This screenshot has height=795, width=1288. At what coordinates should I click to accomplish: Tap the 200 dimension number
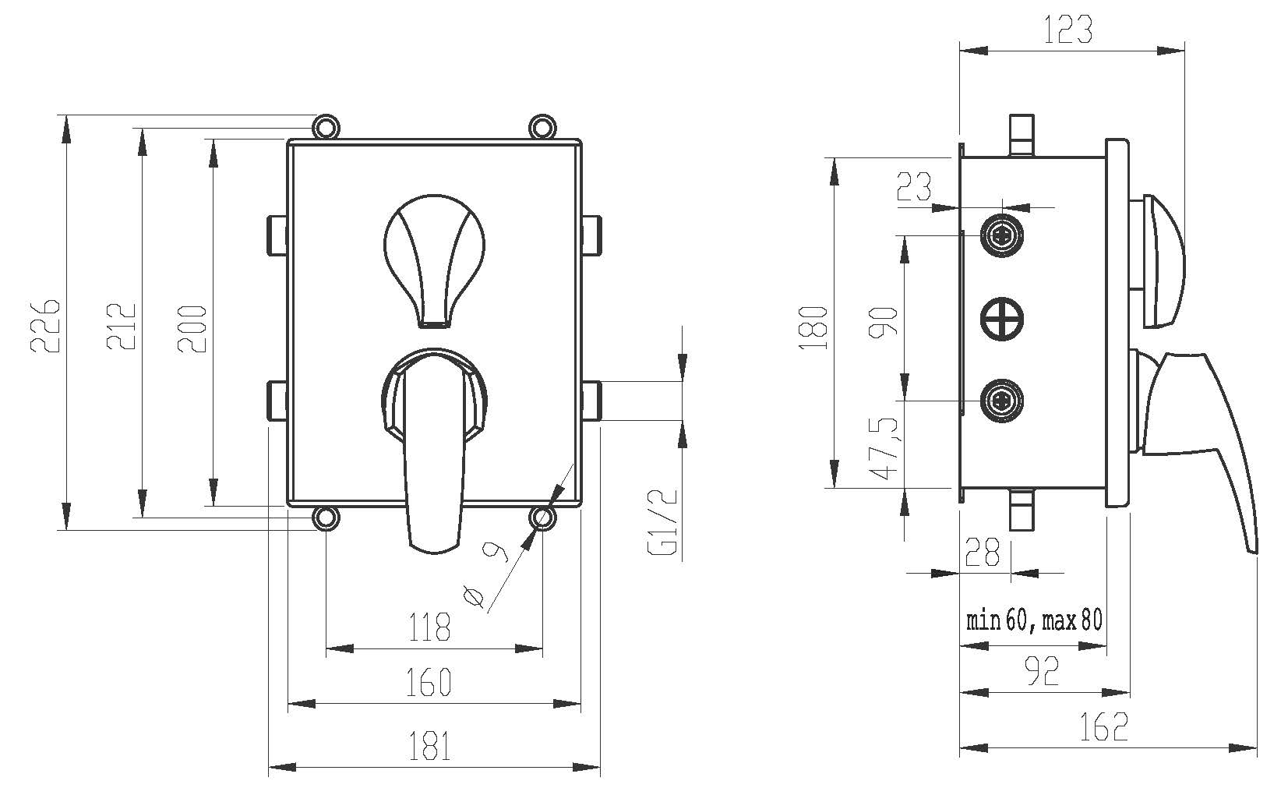click(193, 327)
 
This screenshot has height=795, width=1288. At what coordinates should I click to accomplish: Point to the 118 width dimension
click(431, 626)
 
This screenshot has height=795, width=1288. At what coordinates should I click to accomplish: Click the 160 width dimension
click(429, 682)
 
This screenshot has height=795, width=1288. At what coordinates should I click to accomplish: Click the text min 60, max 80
click(1034, 620)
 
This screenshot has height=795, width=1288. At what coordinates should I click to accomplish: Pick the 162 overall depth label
click(1104, 728)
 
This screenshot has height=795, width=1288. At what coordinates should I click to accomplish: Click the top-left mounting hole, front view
click(326, 125)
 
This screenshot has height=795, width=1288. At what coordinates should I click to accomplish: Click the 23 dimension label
click(914, 187)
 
